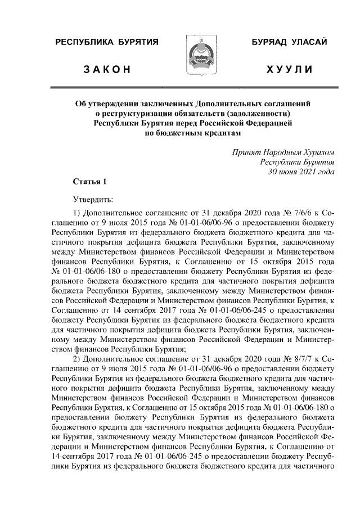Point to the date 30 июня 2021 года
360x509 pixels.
(301, 172)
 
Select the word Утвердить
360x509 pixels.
(93, 199)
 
